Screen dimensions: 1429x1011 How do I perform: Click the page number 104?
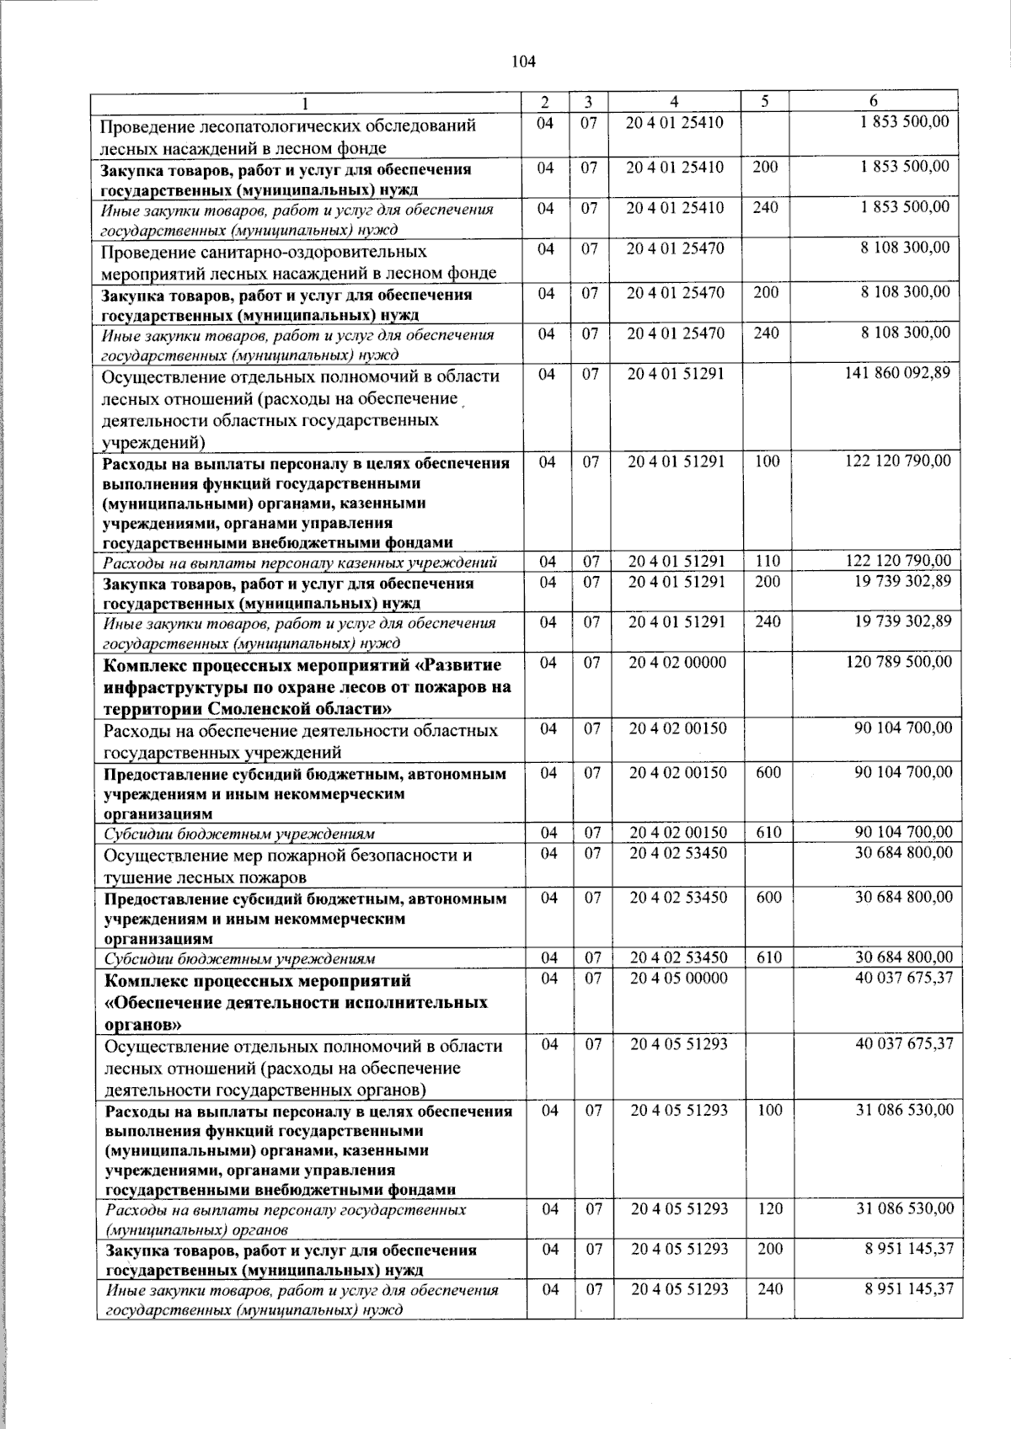[x=523, y=61]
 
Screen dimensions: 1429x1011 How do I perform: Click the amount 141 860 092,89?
[x=898, y=373]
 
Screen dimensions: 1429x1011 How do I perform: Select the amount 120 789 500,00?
[x=899, y=662]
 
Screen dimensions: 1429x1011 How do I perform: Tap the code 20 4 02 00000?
[x=677, y=663]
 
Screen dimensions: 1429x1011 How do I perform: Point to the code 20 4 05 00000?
[x=678, y=978]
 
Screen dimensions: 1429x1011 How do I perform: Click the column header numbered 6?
[x=874, y=101]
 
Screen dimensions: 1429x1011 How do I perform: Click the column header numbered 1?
[x=305, y=103]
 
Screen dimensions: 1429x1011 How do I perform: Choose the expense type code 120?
[x=770, y=1209]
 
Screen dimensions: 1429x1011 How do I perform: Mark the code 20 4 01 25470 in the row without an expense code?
[x=676, y=248]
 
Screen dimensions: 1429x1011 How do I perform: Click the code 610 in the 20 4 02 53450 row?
[x=769, y=958]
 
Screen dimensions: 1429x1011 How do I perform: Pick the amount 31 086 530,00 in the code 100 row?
[x=906, y=1111]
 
